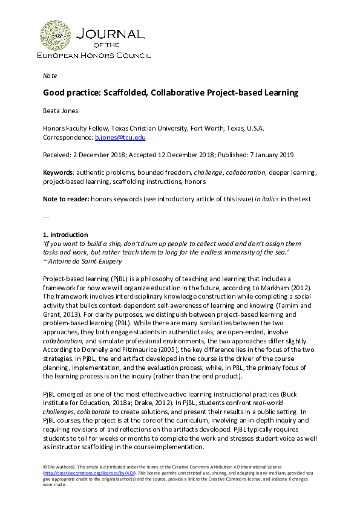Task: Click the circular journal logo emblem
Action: (54, 35)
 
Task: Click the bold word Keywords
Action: (57, 172)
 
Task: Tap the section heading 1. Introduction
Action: (67, 234)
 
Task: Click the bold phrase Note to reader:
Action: (64, 199)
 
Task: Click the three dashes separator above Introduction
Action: (45, 216)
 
